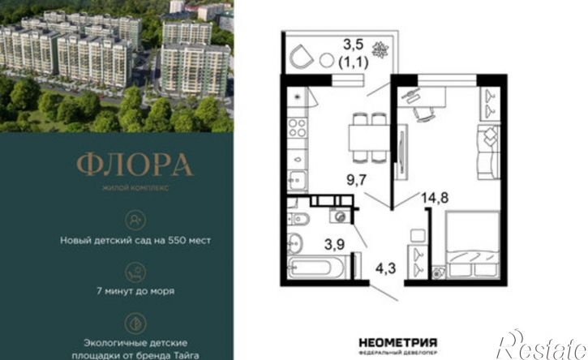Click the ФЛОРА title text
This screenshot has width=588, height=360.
tap(135, 165)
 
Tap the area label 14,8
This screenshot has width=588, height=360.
tap(435, 198)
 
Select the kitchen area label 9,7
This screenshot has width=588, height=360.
tap(356, 180)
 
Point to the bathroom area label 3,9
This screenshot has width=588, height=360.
tap(334, 245)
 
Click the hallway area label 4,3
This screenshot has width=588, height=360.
tap(385, 268)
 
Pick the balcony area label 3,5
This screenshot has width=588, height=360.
tap(354, 45)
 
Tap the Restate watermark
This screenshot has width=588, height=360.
tap(541, 345)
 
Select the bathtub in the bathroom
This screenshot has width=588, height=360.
tap(315, 268)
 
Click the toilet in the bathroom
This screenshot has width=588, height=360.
tap(298, 219)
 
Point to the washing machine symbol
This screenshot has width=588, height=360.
tap(340, 216)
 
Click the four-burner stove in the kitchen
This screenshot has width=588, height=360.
tap(298, 128)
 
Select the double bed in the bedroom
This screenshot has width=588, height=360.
tap(473, 245)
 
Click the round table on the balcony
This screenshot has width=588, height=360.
tap(327, 60)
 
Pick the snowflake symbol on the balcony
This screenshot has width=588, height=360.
tap(380, 50)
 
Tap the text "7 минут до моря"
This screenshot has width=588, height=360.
tap(135, 290)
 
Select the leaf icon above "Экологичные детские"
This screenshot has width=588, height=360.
tap(135, 324)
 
